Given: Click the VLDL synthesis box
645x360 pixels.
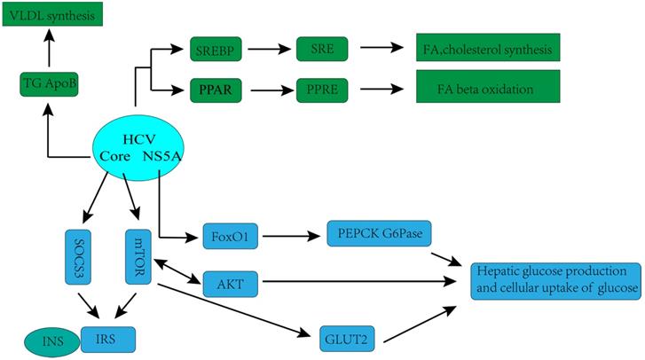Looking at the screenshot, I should pyautogui.click(x=51, y=14).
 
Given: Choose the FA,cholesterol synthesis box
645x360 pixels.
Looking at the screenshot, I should pyautogui.click(x=487, y=49).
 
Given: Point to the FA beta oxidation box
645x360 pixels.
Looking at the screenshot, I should pyautogui.click(x=487, y=90).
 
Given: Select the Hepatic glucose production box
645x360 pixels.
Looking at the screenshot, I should pyautogui.click(x=555, y=280).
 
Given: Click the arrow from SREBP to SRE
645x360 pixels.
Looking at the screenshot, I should pyautogui.click(x=271, y=49).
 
